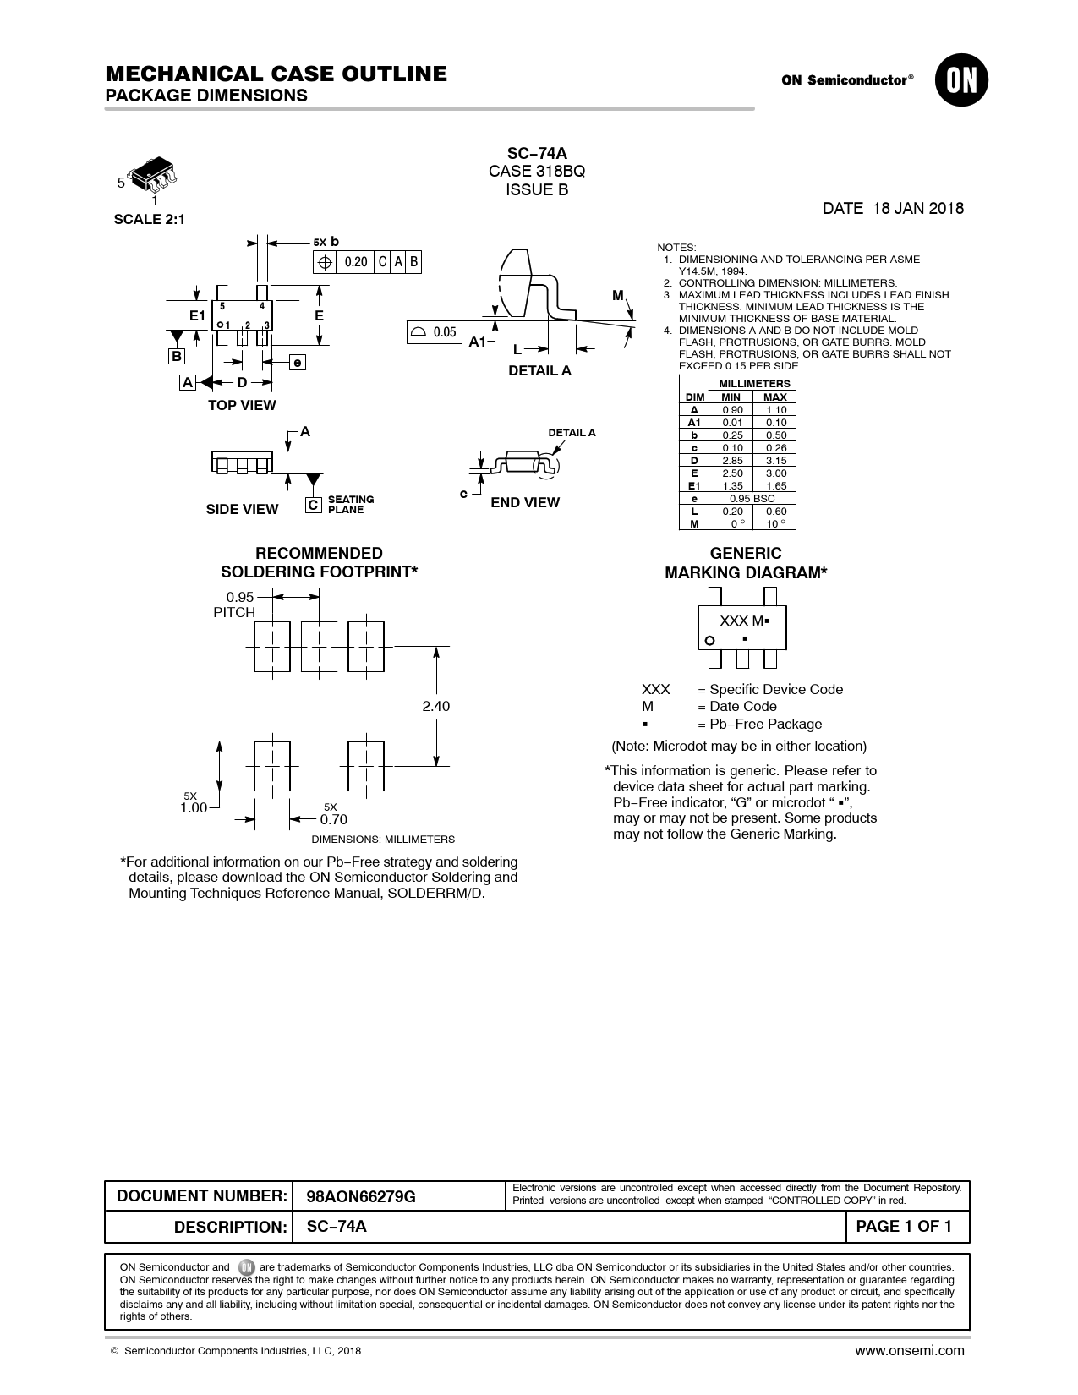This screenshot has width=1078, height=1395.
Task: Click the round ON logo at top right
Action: tap(961, 81)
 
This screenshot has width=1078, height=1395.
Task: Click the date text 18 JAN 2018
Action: tap(917, 209)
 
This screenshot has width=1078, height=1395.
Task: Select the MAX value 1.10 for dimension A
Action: tap(775, 410)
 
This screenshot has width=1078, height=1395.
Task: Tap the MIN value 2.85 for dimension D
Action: tap(731, 461)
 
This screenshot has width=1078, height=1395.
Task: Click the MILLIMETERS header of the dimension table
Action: tap(754, 384)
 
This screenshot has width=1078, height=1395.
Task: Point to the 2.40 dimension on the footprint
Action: tap(436, 706)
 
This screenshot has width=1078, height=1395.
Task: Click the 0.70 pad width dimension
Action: tap(333, 819)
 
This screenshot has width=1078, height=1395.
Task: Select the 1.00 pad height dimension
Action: tap(194, 808)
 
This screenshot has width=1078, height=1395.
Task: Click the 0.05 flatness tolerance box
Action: tap(445, 332)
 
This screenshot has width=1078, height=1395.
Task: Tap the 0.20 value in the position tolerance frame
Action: tap(356, 262)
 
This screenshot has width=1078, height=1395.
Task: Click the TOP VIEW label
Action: tap(242, 406)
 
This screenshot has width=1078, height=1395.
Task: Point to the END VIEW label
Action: tap(525, 503)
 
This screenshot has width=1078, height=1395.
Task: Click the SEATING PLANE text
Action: tap(351, 505)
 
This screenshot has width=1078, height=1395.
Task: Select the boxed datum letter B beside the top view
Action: tap(176, 356)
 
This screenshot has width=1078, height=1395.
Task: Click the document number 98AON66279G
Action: tap(361, 1197)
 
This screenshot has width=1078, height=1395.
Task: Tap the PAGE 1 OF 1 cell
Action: tap(904, 1227)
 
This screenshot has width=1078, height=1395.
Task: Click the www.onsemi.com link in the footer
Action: tap(909, 1351)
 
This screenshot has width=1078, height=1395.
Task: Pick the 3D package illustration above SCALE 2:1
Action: tap(157, 175)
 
